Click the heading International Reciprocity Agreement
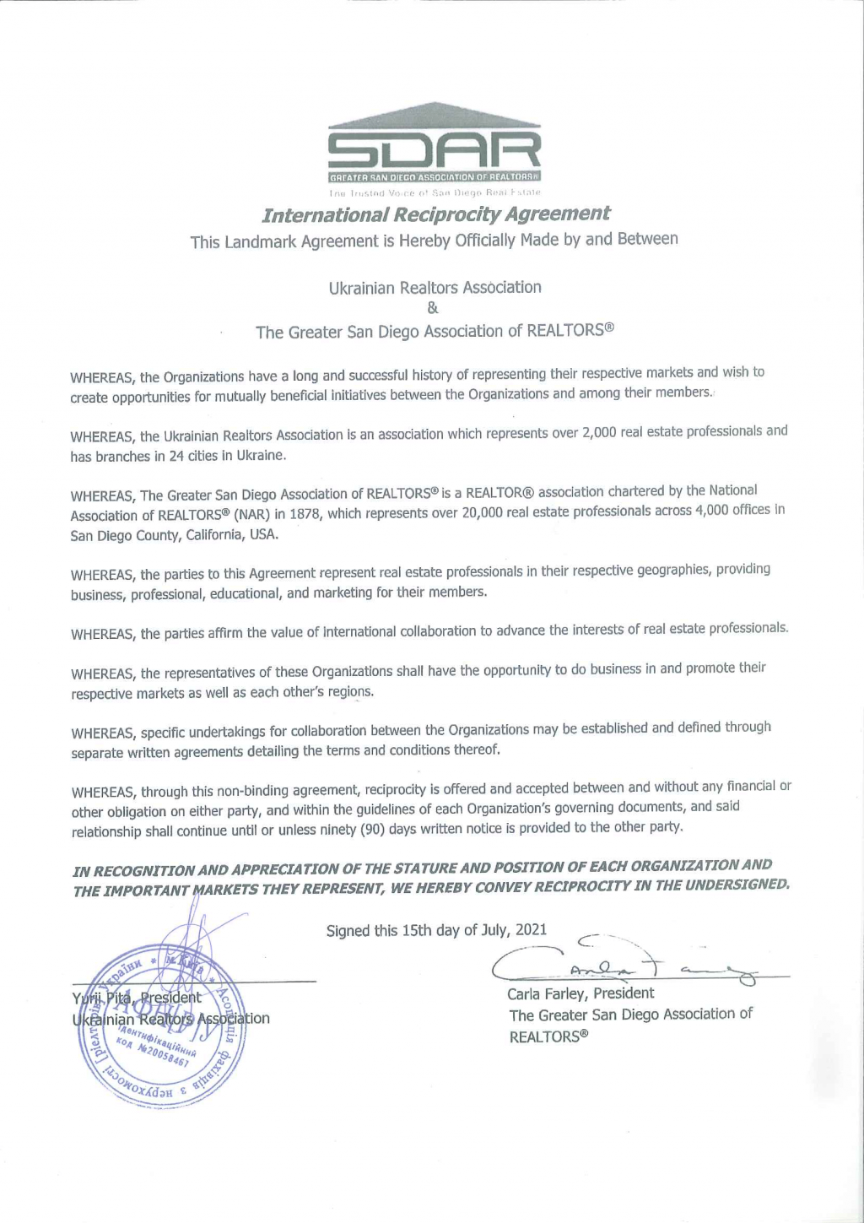click(x=435, y=214)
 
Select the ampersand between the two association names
click(x=433, y=309)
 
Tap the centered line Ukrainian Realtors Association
click(x=435, y=288)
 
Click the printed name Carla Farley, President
click(x=580, y=993)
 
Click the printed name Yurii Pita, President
click(x=137, y=998)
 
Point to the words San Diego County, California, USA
click(x=175, y=535)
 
